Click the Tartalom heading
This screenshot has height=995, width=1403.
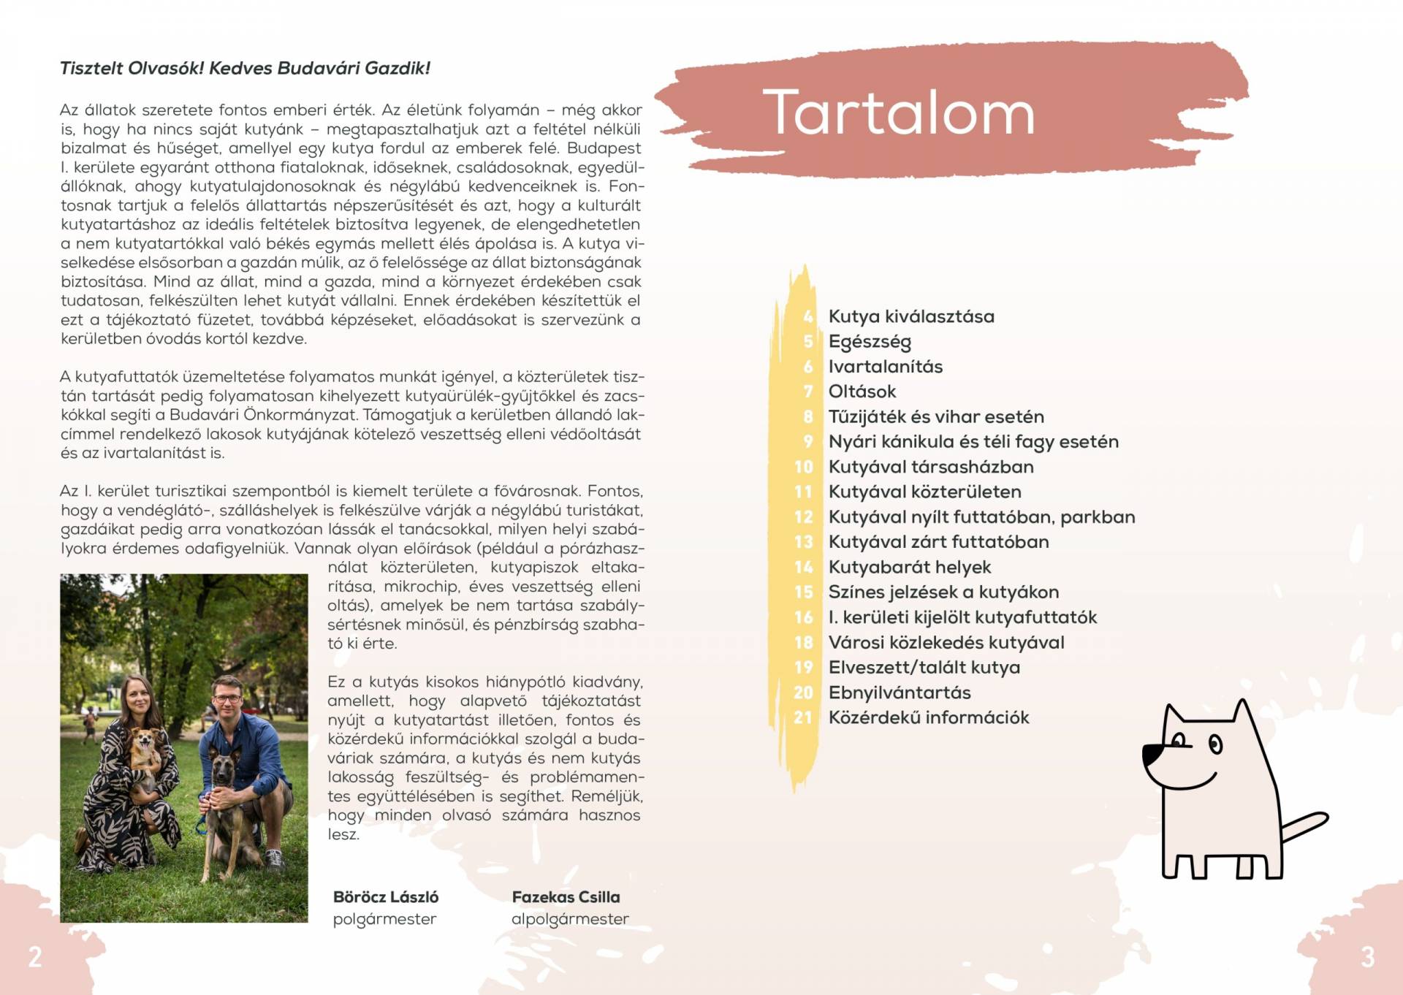point(899,113)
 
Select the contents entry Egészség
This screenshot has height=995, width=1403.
point(870,342)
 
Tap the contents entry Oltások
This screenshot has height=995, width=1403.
point(862,392)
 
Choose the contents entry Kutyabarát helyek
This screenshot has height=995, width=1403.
point(910,567)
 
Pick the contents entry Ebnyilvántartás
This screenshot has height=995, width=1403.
point(900,693)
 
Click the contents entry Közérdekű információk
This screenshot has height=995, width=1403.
point(929,717)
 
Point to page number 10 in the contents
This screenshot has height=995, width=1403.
point(804,467)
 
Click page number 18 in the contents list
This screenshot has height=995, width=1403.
point(804,643)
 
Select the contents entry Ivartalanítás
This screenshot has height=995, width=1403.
point(886,367)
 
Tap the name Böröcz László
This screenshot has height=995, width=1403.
point(386,897)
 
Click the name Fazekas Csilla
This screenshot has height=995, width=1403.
point(566,897)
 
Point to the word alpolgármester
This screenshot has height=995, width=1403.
point(570,919)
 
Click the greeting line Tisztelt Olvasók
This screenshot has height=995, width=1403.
point(245,69)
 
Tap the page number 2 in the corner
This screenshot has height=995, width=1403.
point(35,957)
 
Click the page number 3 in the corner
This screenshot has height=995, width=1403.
point(1368,957)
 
